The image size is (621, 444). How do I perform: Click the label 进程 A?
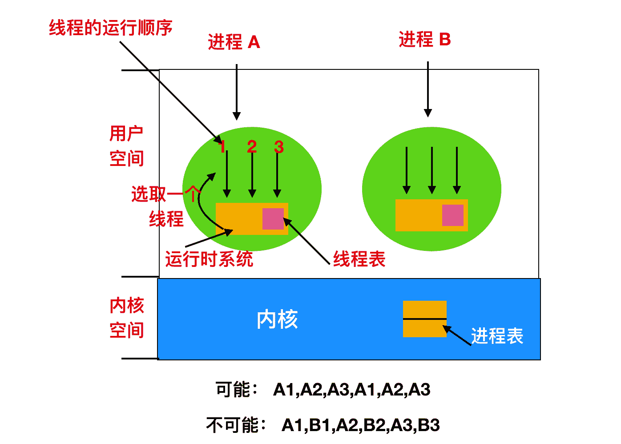[234, 42]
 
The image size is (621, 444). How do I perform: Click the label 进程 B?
[424, 40]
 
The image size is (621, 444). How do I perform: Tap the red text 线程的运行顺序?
[110, 28]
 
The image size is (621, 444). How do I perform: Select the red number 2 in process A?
[252, 146]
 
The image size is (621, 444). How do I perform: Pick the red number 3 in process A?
[278, 146]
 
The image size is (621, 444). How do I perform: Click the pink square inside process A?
[273, 219]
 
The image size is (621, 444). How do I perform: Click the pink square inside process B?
[452, 215]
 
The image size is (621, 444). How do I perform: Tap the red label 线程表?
[359, 259]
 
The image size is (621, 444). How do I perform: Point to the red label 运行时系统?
[209, 259]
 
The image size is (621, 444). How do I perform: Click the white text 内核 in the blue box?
[277, 319]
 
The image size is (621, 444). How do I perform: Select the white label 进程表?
[497, 336]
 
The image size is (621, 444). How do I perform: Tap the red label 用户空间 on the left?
[126, 146]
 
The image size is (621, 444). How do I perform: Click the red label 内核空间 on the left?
[126, 318]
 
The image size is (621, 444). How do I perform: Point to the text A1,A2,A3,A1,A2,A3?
[351, 390]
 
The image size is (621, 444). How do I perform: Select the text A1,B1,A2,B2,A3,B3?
[360, 425]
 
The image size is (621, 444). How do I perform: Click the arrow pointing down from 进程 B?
[428, 89]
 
